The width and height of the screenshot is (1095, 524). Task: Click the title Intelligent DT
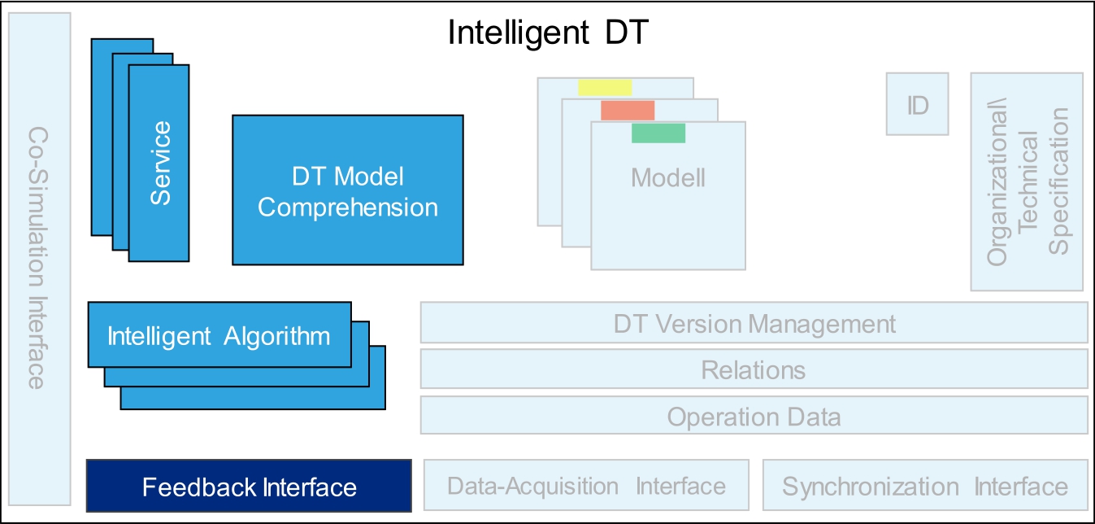(x=549, y=33)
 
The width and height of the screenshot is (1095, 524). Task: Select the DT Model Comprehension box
(x=347, y=190)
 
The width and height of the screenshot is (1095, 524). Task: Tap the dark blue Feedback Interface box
(x=249, y=487)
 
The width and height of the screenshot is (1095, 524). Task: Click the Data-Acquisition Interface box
(x=586, y=487)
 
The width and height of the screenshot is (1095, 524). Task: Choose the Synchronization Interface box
(x=924, y=487)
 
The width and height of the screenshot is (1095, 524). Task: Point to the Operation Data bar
(x=754, y=416)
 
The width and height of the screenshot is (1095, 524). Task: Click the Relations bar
(x=754, y=369)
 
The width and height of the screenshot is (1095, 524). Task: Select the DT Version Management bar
(x=754, y=323)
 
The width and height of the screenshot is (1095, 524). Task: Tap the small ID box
(x=917, y=104)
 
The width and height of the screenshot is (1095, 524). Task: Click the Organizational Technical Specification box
(x=1027, y=181)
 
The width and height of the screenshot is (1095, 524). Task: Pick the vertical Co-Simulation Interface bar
(x=37, y=256)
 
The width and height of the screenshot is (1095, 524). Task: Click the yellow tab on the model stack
(x=605, y=87)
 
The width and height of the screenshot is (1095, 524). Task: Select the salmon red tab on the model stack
(x=627, y=110)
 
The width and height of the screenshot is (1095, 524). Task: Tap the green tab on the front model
(x=658, y=133)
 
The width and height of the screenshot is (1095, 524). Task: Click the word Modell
(x=667, y=177)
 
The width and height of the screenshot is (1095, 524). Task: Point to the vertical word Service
(x=161, y=163)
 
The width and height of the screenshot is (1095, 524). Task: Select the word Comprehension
(x=347, y=207)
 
